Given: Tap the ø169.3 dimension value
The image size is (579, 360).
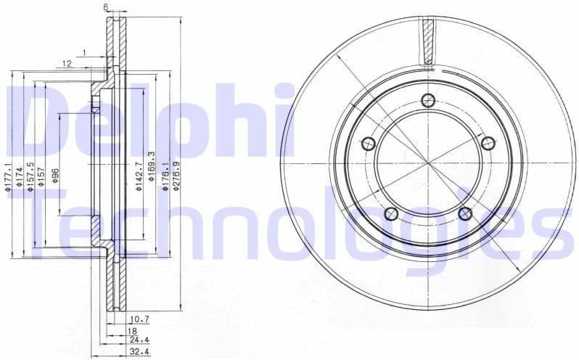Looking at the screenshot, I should [152, 166].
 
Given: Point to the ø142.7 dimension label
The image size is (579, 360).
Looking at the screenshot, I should [139, 175].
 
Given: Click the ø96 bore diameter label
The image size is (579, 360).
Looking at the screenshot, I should [55, 176].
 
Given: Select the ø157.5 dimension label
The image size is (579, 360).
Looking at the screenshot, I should [30, 176].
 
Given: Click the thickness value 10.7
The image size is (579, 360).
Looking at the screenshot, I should [139, 319].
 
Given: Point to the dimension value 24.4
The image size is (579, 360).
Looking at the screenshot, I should [139, 339].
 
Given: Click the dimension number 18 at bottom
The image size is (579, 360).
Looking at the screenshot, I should [133, 330].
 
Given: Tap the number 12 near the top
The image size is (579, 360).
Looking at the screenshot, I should [66, 64].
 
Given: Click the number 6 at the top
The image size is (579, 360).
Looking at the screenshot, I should [106, 7].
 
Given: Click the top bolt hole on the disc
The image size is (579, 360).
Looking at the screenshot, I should [427, 100].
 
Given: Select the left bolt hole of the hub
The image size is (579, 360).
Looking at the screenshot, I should [369, 143].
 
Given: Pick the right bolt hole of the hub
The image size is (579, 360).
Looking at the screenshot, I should [487, 143].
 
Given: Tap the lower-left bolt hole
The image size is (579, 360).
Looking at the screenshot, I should [392, 213].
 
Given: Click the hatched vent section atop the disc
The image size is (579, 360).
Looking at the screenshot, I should [427, 41].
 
